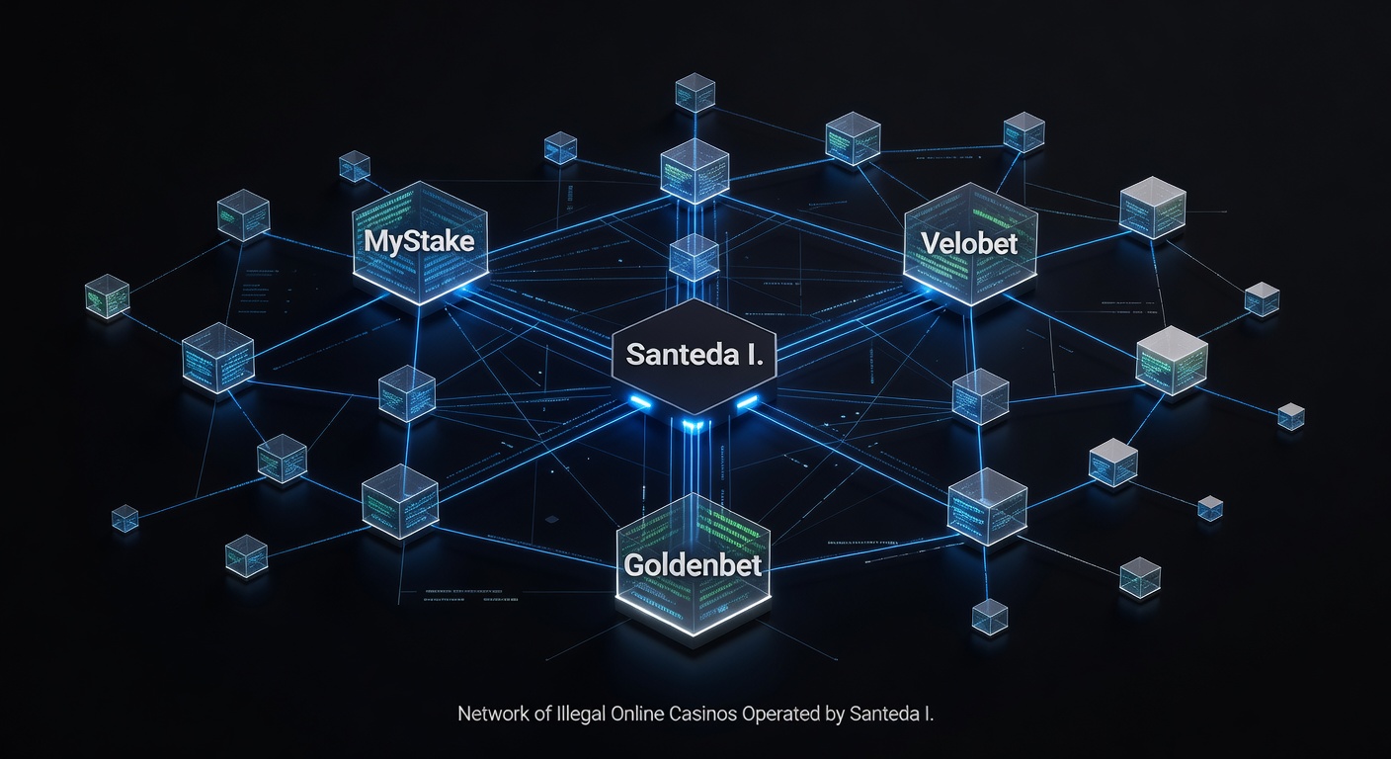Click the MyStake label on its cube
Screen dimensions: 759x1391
[x=419, y=240]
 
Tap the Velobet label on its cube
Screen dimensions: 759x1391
[x=968, y=242]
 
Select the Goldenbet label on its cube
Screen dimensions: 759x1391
[x=692, y=565]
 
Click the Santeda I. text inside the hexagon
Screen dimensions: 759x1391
[x=695, y=354]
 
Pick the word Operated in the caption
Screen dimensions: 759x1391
[x=778, y=714]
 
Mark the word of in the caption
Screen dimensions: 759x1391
[x=540, y=714]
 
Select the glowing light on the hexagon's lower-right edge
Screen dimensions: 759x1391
[x=747, y=401]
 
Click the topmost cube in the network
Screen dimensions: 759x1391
[x=695, y=92]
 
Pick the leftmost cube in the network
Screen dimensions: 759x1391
[x=107, y=295]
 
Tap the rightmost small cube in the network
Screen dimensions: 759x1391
[x=1290, y=416]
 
